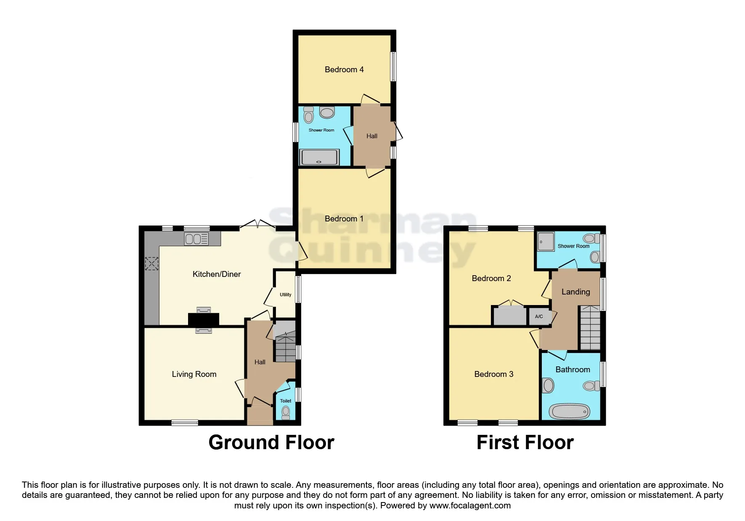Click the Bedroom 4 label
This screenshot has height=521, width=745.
344,70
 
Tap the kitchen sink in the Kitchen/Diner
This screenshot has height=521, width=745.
196,239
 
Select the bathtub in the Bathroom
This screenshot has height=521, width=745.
569,411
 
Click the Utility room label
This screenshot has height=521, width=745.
285,295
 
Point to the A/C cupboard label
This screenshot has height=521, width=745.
539,316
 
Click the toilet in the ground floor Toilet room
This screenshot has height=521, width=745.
286,413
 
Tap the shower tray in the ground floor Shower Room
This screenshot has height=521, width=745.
319,158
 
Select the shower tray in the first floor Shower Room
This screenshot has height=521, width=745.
546,242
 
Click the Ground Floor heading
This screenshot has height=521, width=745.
271,442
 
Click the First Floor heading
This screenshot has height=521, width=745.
525,442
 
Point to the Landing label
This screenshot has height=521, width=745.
575,292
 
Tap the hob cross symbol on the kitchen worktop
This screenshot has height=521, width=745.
151,264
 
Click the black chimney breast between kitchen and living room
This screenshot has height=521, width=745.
203,319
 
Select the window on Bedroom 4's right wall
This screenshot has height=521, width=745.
393,66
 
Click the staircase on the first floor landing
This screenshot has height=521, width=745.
590,328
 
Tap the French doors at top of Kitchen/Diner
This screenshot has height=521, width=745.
257,226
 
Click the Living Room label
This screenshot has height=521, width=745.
194,374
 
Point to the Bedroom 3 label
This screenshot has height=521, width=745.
493,374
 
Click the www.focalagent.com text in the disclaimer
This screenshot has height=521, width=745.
470,505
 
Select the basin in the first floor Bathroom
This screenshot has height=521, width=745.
548,385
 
